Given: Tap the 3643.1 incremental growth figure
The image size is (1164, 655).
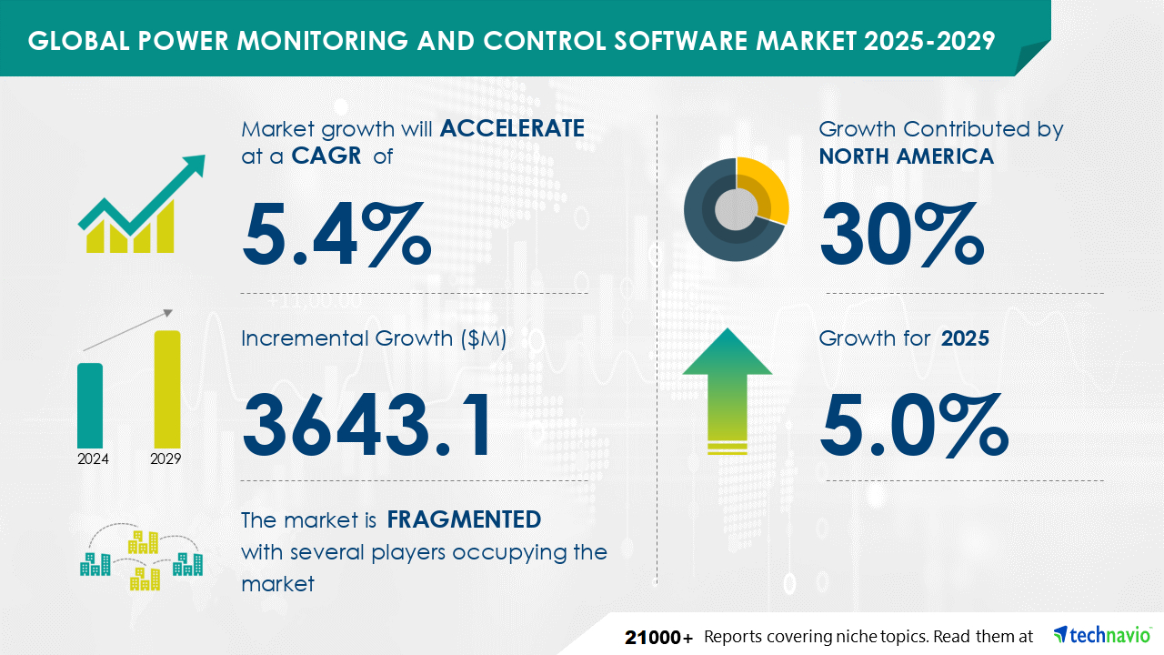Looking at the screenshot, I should (368, 426).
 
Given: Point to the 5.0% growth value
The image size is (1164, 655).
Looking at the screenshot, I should (913, 426).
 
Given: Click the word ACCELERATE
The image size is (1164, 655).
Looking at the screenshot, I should (512, 128).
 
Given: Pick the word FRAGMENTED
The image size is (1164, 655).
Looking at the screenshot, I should (464, 519).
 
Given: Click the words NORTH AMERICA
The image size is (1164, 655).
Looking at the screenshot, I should (906, 156).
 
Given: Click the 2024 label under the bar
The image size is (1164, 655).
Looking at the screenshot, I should (93, 458).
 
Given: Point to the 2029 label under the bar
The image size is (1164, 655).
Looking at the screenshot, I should (166, 458).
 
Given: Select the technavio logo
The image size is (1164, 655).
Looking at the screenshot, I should (1101, 635).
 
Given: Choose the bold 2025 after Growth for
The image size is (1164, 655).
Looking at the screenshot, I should (965, 338).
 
